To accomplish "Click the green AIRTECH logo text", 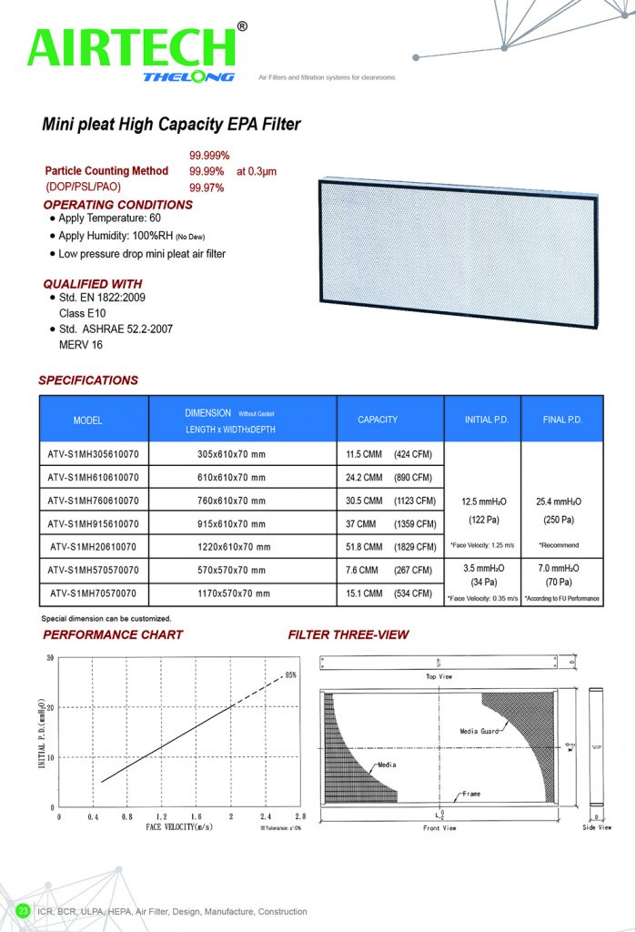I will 132,47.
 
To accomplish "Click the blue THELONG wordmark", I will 188,77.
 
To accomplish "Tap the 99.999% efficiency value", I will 209,156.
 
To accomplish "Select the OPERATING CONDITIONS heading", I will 118,205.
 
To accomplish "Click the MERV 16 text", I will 81,345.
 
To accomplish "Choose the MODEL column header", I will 88,420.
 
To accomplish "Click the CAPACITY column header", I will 378,420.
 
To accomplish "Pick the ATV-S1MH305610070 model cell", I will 93,452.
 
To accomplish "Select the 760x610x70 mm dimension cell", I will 231,501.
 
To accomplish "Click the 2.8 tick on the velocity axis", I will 300,817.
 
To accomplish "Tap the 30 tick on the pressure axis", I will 51,657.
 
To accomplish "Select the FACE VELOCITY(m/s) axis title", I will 180,828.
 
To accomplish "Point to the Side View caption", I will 597,828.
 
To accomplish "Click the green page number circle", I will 24,910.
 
